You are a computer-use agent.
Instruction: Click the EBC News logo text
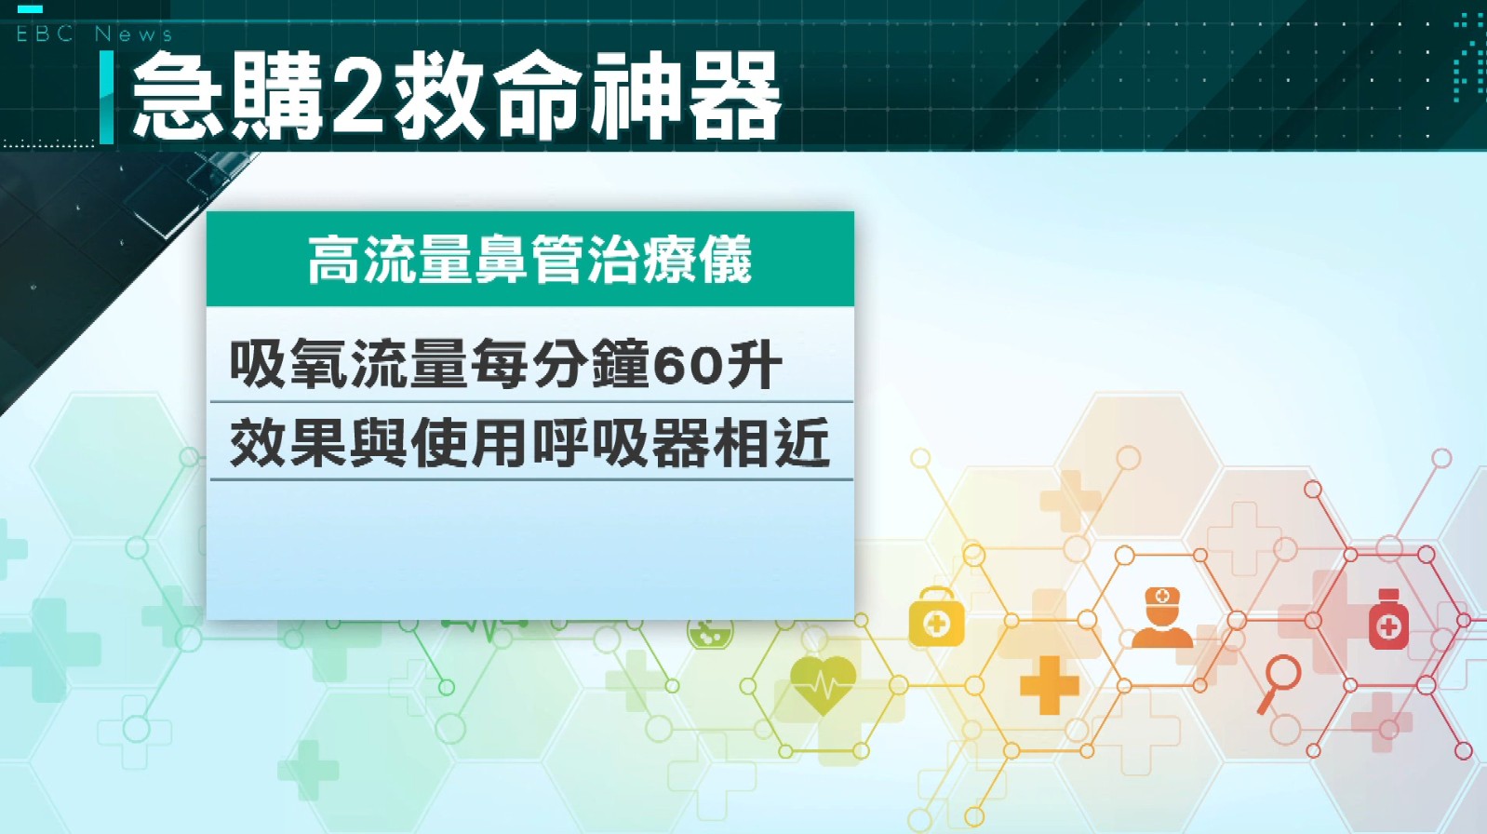click(x=94, y=34)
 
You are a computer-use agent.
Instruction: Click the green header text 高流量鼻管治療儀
click(x=529, y=260)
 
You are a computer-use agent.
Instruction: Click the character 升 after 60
click(x=752, y=365)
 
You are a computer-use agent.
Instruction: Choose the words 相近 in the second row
click(x=770, y=442)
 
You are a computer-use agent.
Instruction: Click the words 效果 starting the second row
click(x=288, y=442)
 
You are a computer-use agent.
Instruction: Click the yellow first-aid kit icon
click(x=936, y=617)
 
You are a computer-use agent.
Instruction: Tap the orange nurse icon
click(x=1161, y=617)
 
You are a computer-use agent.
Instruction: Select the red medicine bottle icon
click(x=1388, y=619)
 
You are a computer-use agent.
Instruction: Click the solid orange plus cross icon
click(x=1049, y=684)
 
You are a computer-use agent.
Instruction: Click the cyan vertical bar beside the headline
click(x=106, y=97)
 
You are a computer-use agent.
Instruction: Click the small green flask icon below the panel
click(x=710, y=634)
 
